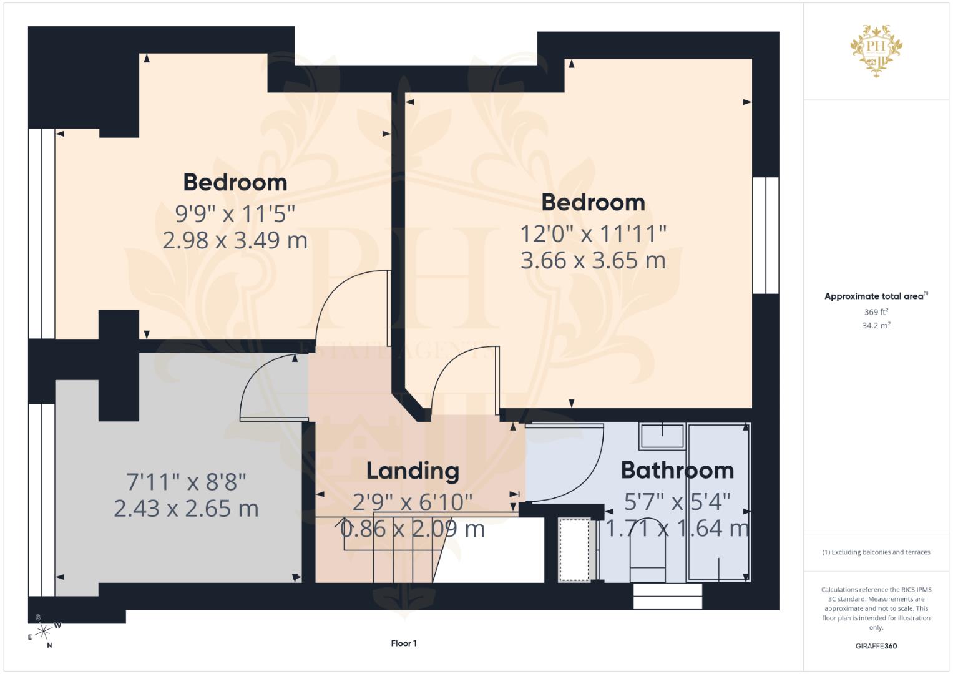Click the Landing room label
tap(413, 471)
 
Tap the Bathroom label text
tap(677, 471)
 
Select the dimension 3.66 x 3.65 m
tap(593, 260)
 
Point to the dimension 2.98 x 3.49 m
tap(235, 240)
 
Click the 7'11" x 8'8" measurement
tap(186, 482)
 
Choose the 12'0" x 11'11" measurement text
tap(593, 234)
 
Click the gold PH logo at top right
tap(876, 51)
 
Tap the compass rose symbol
tap(44, 632)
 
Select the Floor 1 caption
tap(404, 643)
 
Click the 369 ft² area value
tap(876, 312)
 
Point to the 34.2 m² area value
tap(876, 326)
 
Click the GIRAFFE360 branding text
tap(876, 646)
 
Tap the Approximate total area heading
tap(876, 296)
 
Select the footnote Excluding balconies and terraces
tap(876, 552)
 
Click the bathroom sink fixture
tap(662, 436)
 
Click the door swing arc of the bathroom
tap(589, 477)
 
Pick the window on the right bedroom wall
tap(766, 235)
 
